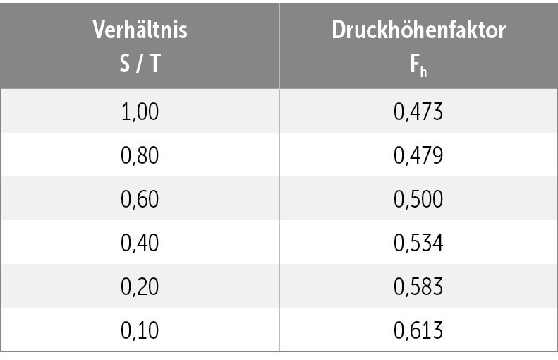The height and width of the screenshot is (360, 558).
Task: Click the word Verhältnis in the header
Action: click(x=140, y=30)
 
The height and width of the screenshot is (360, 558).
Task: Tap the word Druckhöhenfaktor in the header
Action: click(x=419, y=30)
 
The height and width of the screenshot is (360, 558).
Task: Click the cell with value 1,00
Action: click(x=140, y=112)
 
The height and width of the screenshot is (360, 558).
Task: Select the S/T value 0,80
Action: click(x=140, y=155)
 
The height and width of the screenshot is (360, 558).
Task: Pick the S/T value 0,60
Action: click(x=140, y=199)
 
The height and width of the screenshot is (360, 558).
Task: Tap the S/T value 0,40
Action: click(x=140, y=242)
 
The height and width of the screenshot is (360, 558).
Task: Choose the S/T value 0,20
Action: click(x=140, y=286)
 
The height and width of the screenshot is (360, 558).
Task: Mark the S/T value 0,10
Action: click(x=140, y=330)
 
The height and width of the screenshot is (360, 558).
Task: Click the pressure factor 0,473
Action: click(x=418, y=112)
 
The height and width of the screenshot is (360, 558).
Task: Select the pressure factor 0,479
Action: click(x=418, y=155)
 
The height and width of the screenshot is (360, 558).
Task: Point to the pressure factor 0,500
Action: click(x=418, y=199)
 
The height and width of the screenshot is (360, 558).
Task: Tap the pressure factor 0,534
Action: click(x=418, y=242)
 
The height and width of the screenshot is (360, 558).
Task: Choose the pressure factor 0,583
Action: click(x=418, y=286)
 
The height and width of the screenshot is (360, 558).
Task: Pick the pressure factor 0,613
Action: click(x=418, y=330)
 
